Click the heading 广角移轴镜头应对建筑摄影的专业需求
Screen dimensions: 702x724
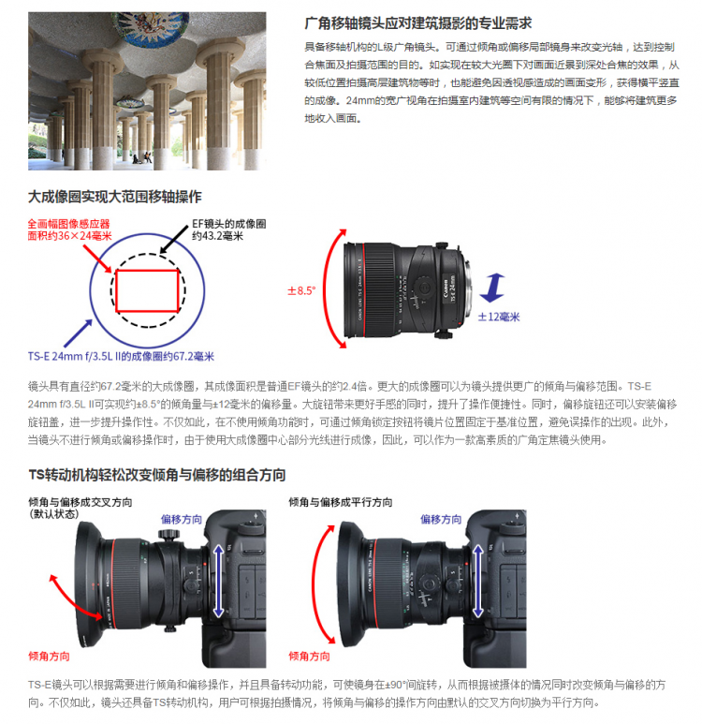(x=418, y=23)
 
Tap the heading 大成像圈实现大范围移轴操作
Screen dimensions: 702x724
(x=115, y=197)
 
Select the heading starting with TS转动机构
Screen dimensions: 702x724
(x=157, y=475)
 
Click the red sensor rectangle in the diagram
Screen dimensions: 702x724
(x=147, y=291)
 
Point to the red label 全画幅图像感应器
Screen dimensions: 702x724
(x=68, y=224)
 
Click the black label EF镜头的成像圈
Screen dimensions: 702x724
(x=229, y=224)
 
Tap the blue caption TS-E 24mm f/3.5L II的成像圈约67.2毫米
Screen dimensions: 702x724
(x=121, y=357)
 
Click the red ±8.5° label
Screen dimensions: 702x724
(x=301, y=291)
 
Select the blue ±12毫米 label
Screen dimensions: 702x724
(x=499, y=317)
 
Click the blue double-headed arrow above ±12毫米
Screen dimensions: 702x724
(x=492, y=288)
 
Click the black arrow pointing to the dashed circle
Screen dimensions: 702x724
(x=174, y=240)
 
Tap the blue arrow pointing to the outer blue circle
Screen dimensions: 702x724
(x=78, y=332)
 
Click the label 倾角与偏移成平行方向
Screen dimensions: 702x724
(x=341, y=502)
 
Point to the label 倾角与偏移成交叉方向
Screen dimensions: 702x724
(x=80, y=502)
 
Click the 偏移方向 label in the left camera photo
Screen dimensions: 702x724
(x=182, y=520)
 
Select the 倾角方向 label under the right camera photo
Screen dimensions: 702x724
(x=309, y=657)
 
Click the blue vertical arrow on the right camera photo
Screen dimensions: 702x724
(x=478, y=581)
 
